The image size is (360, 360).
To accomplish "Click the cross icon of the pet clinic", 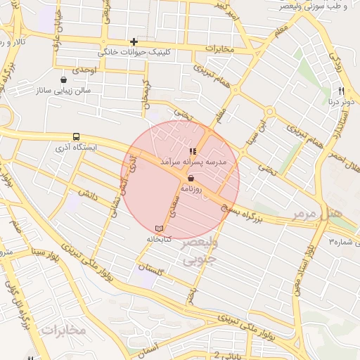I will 134,42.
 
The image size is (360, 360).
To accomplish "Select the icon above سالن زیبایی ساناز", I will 65,79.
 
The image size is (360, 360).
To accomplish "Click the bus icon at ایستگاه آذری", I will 76,137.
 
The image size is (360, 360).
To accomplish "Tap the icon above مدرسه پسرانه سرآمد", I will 193,151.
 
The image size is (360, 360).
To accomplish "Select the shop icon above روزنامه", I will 191,179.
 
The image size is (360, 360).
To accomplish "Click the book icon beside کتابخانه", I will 159,229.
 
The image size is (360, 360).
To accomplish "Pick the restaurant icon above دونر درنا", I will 341,91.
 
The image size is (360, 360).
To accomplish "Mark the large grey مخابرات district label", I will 63,329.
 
